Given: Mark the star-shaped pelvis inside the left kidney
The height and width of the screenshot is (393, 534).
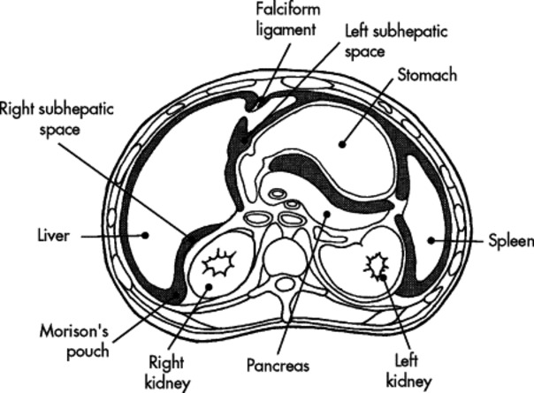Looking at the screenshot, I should tap(379, 264).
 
